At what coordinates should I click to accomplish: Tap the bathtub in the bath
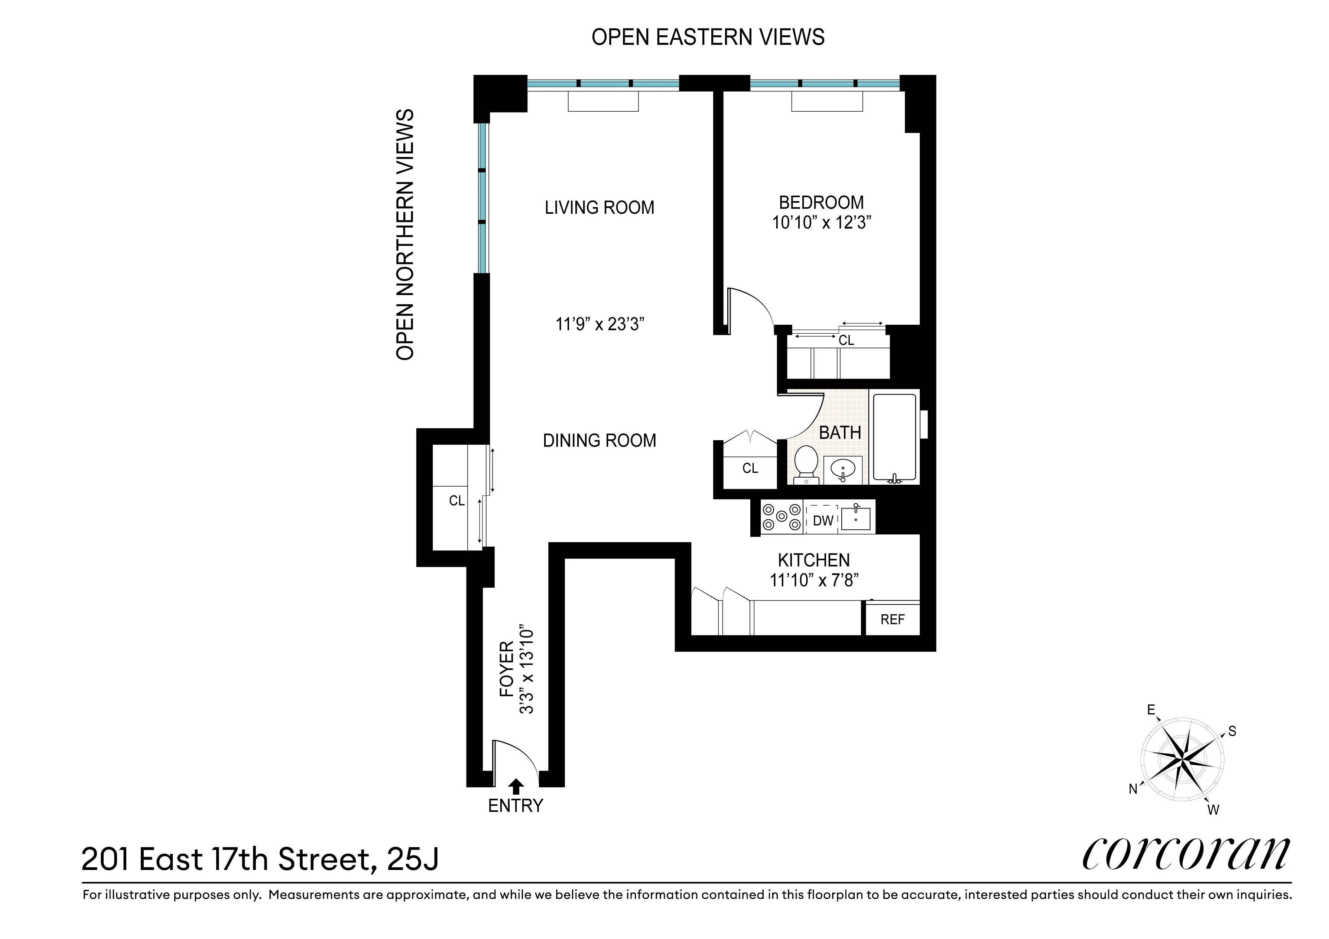tap(894, 437)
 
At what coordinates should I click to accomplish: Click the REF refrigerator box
tap(892, 620)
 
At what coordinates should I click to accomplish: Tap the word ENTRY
tap(515, 806)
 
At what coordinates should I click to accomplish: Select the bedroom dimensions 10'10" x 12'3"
tap(821, 223)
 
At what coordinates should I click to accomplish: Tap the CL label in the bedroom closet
tap(846, 341)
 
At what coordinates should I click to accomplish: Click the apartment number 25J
tap(413, 859)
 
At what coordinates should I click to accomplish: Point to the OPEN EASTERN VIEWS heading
tap(707, 37)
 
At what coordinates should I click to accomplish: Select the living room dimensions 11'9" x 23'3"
tap(599, 324)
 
